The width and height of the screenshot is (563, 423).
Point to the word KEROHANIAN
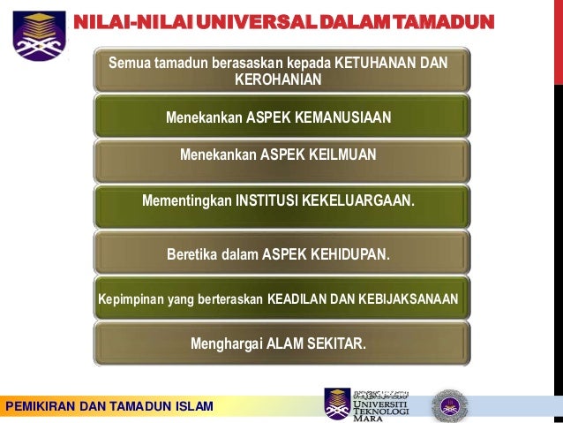coord(278,80)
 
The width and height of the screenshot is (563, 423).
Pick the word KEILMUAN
coord(342,155)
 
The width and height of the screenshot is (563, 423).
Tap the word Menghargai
coord(227,344)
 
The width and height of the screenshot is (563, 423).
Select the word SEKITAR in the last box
coord(334,344)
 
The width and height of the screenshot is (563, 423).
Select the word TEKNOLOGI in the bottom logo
coord(381,412)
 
